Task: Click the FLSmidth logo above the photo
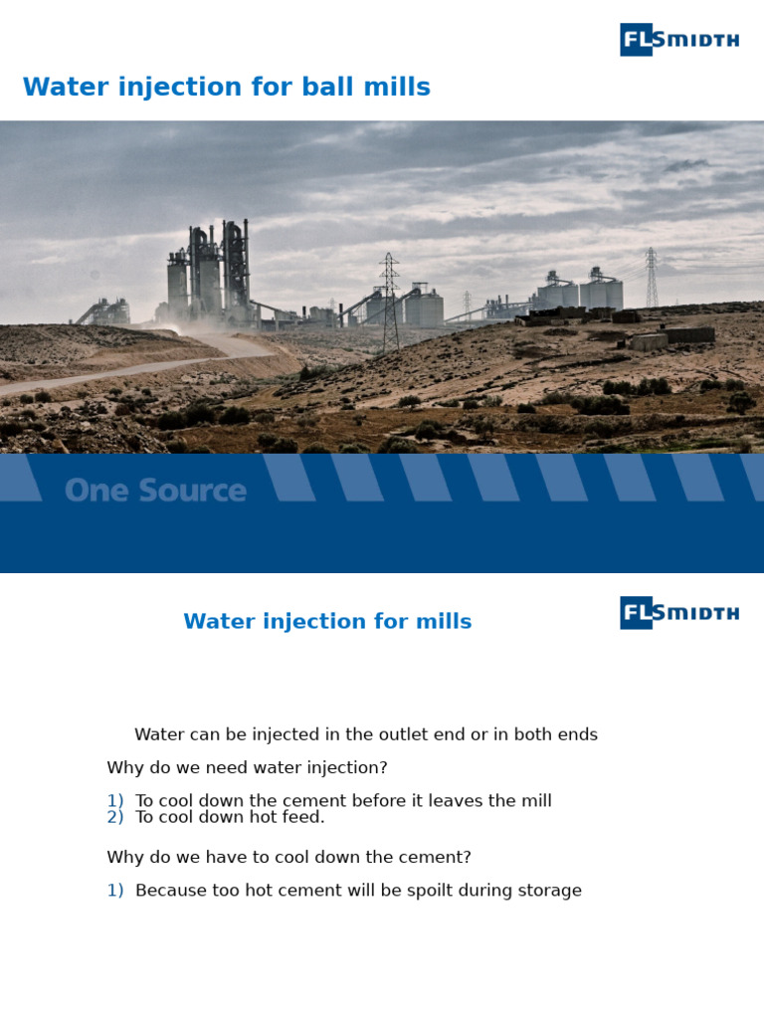(x=679, y=40)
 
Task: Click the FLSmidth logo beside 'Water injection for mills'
(x=679, y=613)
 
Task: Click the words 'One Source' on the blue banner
(x=155, y=491)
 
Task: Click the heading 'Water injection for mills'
(x=327, y=622)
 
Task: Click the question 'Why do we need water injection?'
(x=247, y=768)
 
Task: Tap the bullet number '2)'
(x=115, y=817)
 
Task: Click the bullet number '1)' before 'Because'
(x=115, y=891)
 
